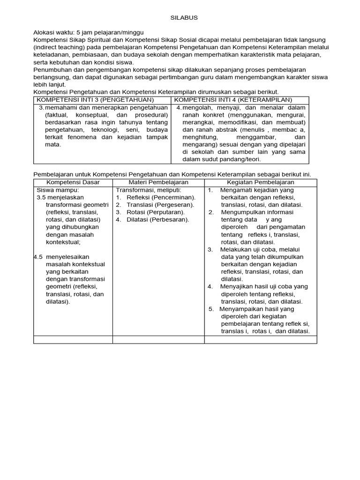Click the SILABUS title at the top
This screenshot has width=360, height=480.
(183, 18)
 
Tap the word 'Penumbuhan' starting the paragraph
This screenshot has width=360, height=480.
(51, 69)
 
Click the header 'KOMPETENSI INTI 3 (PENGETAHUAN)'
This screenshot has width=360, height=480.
(95, 100)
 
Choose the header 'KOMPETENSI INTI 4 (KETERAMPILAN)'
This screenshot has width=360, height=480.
(233, 100)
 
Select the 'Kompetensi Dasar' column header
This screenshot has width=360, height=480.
(73, 182)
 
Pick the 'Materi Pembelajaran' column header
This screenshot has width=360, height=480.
(158, 182)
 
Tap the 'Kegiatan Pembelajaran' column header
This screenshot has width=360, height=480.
(260, 182)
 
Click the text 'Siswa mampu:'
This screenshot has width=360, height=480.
(55, 190)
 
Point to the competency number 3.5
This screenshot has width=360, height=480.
(41, 197)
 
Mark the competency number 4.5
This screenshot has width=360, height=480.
(39, 257)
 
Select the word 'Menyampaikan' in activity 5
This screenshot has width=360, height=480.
(240, 309)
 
